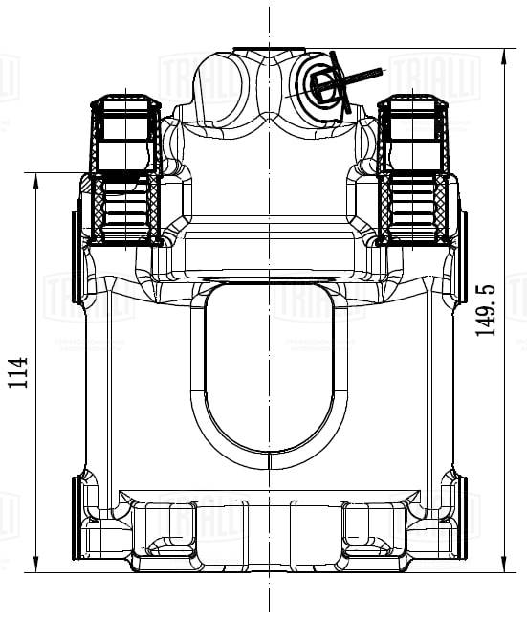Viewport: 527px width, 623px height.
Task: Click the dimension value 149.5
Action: click(x=487, y=309)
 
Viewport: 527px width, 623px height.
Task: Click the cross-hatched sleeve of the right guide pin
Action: click(x=413, y=206)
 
